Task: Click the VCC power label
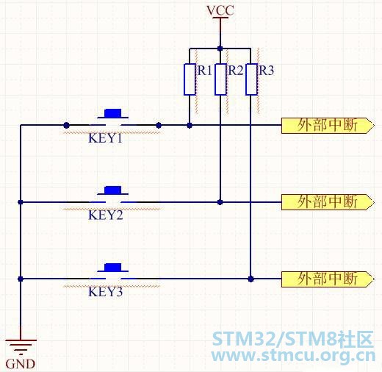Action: pos(220,10)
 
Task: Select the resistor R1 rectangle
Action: pos(190,79)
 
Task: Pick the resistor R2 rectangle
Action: pos(220,79)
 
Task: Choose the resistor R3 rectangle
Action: pos(251,79)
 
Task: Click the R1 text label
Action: pos(205,71)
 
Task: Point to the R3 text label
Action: pos(267,71)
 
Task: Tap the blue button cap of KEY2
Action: pos(113,190)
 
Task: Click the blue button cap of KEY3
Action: pos(113,268)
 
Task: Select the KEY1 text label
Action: pos(105,138)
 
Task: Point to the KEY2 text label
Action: pos(106,215)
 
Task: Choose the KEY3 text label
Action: pos(106,292)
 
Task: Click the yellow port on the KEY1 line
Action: pos(328,126)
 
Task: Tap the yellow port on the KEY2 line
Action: pos(328,202)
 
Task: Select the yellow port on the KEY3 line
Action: pos(328,279)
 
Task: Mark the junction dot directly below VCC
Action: pos(220,49)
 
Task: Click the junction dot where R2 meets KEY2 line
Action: pos(220,202)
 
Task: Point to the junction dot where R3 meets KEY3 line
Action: pos(251,279)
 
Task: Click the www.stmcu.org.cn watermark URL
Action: pos(293,356)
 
